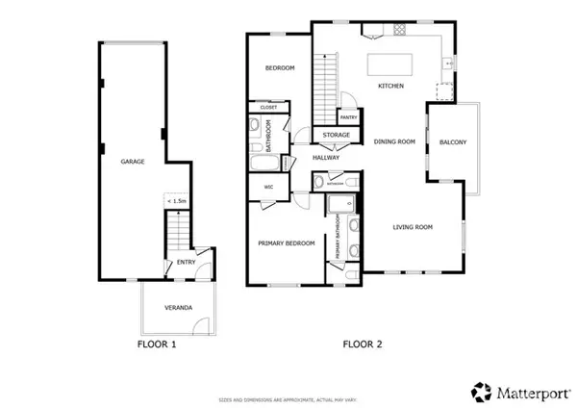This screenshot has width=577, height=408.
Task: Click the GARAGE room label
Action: point(133,162)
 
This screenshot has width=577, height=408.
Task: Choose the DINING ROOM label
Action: point(394,141)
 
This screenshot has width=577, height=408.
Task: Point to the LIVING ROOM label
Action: point(413,227)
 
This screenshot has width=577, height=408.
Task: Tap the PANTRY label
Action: point(349,117)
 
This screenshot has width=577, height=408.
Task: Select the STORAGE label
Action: point(336,135)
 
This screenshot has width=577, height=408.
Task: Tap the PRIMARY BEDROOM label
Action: point(287,243)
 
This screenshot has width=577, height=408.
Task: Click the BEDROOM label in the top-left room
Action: point(279,68)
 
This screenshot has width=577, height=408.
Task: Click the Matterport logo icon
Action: point(480,392)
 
